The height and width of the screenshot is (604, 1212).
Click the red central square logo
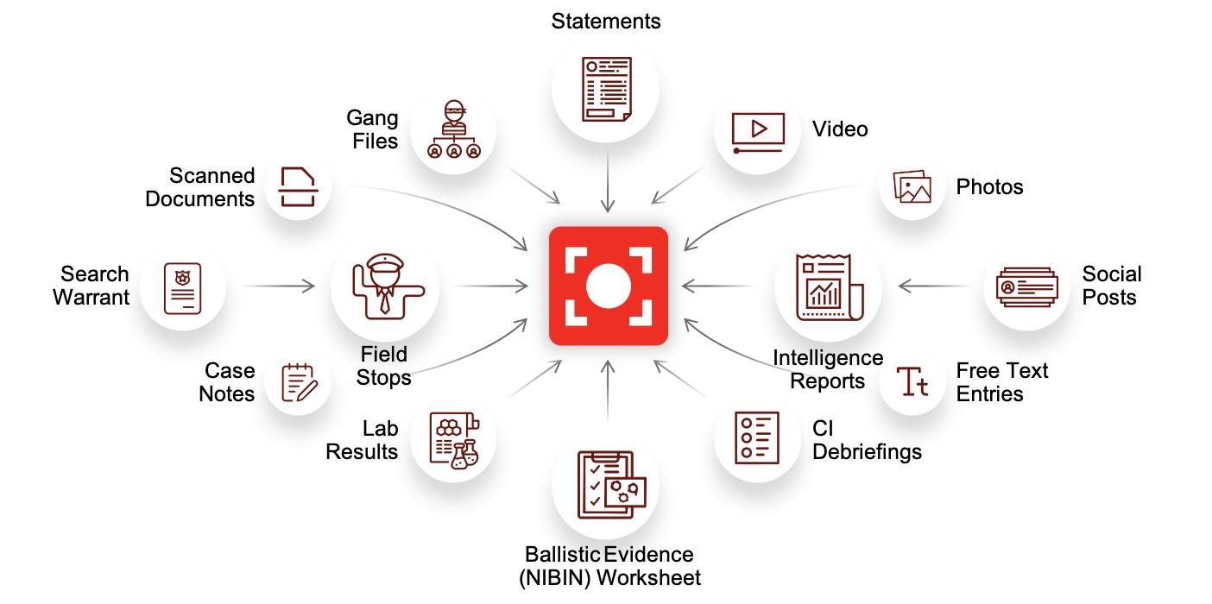pos(609,286)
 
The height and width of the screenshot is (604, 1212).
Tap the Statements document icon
pos(607,89)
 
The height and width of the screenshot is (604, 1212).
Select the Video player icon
pos(758,132)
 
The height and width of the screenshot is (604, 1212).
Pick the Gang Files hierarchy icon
pos(453,131)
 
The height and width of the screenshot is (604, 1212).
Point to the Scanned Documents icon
pos(298,187)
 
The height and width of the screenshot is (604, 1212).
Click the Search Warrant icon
pos(182,286)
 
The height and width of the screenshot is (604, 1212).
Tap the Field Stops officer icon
pos(385,288)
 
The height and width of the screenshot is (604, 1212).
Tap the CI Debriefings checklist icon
pos(757,438)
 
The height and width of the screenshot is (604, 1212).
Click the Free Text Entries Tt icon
pos(912,381)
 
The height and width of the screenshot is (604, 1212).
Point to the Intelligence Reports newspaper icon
pos(827,286)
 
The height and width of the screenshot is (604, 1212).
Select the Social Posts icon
pos(1026,286)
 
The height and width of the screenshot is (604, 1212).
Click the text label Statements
pos(606,21)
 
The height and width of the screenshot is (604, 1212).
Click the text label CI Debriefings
pos(867,440)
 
